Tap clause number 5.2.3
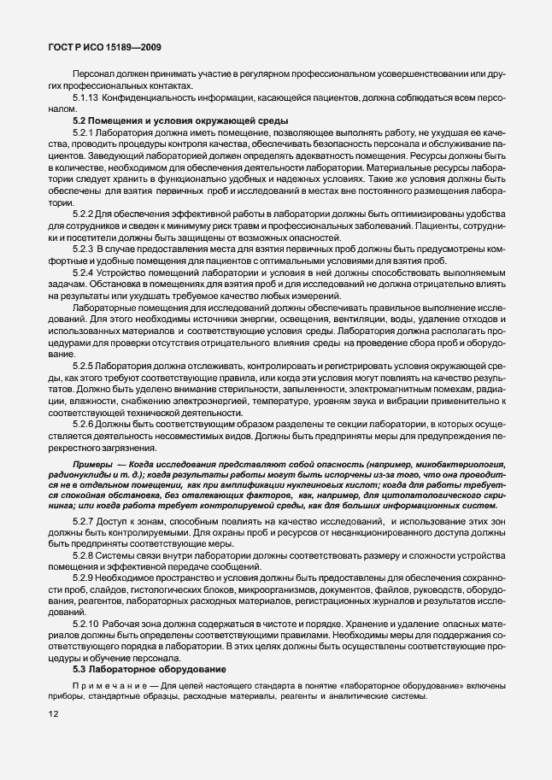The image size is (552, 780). [85, 248]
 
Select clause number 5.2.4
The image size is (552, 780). [85, 271]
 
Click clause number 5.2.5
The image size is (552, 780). [85, 365]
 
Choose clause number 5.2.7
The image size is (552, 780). [85, 520]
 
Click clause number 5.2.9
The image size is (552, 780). [85, 578]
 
